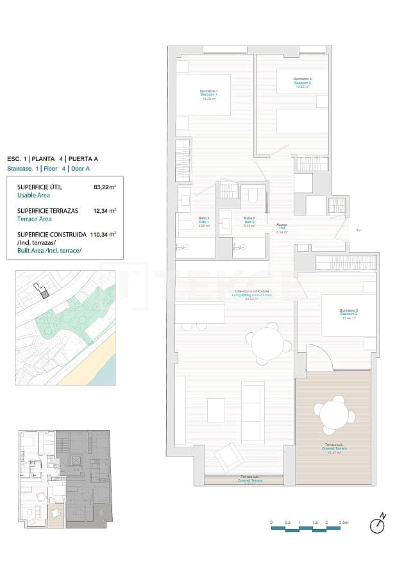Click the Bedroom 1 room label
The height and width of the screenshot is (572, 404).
click(209, 95)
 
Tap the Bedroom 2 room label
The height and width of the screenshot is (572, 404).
click(302, 83)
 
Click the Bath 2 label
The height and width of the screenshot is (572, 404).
click(249, 222)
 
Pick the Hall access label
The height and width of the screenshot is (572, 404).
click(282, 228)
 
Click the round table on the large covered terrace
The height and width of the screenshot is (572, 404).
click(333, 414)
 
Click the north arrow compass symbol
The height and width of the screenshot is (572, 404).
click(378, 525)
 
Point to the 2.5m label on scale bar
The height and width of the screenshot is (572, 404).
click(344, 523)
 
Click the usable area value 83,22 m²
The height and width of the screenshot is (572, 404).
click(105, 187)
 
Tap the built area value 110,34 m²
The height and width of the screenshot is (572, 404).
click(103, 235)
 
